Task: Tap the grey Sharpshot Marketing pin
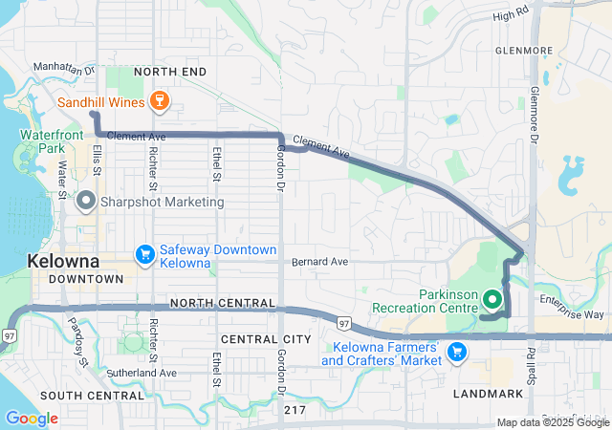coord(86,202)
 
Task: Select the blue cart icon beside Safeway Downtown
coord(145,254)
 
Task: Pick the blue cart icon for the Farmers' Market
coord(456,352)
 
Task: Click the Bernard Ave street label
coord(320,261)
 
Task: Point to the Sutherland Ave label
coord(142,373)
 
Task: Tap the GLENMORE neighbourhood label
coord(524,51)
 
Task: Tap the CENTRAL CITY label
coord(267,339)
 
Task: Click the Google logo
coord(32,419)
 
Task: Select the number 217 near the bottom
coord(295,409)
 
